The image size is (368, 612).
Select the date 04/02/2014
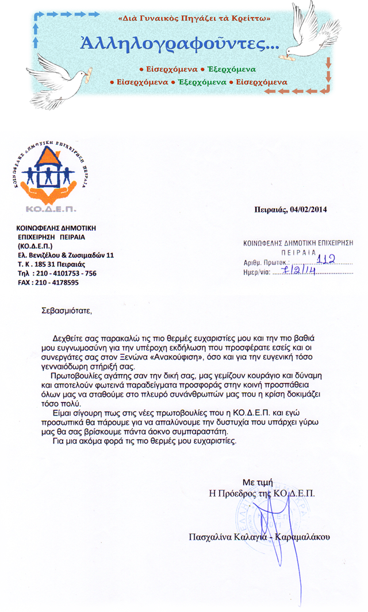[309, 210]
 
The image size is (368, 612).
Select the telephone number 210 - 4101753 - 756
[66, 273]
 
